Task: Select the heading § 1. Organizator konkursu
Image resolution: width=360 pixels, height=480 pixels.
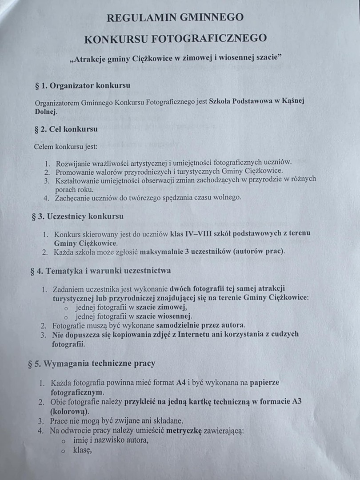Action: (x=83, y=85)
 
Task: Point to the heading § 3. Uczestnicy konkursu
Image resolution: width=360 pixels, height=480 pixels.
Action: (x=78, y=216)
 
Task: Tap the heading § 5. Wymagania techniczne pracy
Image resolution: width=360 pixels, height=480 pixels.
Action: (x=92, y=363)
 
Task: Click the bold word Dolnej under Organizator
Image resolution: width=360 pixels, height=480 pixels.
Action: (x=46, y=112)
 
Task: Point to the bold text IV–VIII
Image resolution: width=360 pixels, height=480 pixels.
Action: (x=202, y=234)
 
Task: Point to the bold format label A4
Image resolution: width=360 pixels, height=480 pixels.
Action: (x=180, y=383)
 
